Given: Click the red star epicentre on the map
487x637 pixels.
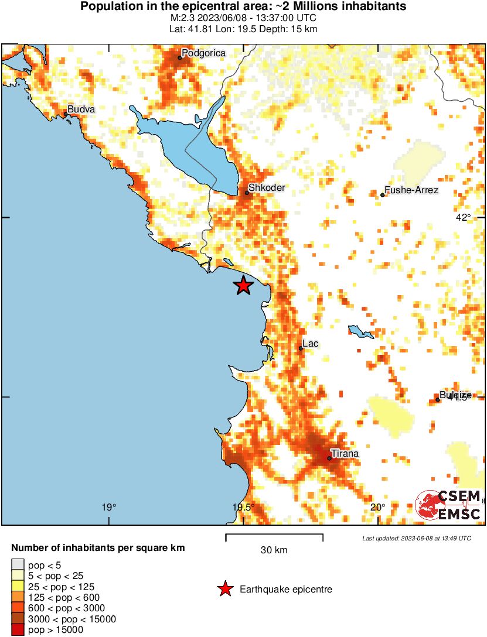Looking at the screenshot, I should pos(243,286).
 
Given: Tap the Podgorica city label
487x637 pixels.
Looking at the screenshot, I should pos(203,53).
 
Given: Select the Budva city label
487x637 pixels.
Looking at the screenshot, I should pos(81,109).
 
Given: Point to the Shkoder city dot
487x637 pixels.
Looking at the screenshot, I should pos(247,193).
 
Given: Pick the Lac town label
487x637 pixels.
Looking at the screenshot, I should pos(310,343).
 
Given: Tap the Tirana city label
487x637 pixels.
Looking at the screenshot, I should pos(345,453).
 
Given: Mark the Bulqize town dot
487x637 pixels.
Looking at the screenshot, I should pos(438,400).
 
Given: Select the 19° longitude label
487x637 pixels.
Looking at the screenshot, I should pos(108,507).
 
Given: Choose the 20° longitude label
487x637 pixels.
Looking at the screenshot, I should pos(378,507).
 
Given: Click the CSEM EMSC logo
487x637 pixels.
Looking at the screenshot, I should pos(449,505).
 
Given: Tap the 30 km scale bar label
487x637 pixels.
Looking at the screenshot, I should pos(274,550).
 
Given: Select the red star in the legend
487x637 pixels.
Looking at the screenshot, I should pos(225,589).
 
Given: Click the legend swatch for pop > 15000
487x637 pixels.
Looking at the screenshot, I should pos(18,629).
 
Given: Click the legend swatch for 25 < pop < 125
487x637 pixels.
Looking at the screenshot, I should pos(18,587).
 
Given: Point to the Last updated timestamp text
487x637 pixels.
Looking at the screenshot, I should pos(416,538).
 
